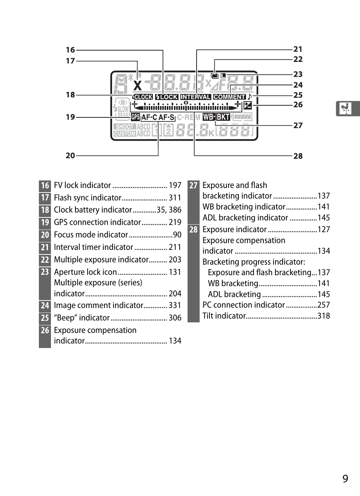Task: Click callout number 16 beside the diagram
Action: point(70,50)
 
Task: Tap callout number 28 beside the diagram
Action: point(298,156)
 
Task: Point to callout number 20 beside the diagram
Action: point(70,156)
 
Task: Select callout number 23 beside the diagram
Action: point(298,74)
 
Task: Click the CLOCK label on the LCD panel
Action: point(143,97)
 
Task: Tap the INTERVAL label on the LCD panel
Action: point(195,97)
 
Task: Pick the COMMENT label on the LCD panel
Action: point(229,97)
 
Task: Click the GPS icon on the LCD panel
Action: point(135,117)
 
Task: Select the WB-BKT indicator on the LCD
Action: point(216,117)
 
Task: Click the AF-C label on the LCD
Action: point(149,117)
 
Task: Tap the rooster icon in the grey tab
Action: point(345,109)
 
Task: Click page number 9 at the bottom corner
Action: point(345,479)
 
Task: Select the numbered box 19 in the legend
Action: point(45,222)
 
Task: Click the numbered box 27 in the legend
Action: point(193,185)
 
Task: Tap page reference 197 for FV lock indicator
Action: point(175,185)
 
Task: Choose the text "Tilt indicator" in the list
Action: point(224,316)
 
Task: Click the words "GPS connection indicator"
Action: point(97,222)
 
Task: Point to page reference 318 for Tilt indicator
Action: point(323,316)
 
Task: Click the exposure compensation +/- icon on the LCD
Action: point(248,106)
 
